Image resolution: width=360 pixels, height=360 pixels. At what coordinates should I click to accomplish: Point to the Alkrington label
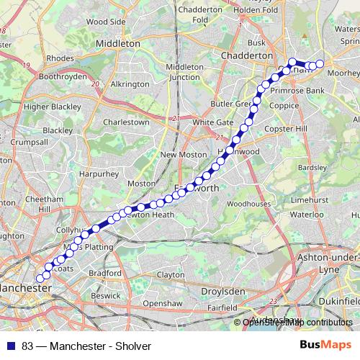[x=130, y=84]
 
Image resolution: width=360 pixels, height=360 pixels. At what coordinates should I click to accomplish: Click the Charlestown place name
[x=126, y=122]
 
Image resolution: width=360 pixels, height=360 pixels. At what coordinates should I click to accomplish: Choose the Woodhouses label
[x=248, y=204]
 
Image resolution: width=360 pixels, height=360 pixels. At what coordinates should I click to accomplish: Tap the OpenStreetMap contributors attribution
[x=297, y=322]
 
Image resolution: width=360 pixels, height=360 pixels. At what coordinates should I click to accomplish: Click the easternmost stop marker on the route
[x=320, y=65]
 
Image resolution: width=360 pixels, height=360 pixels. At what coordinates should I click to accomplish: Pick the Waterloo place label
[x=307, y=215]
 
